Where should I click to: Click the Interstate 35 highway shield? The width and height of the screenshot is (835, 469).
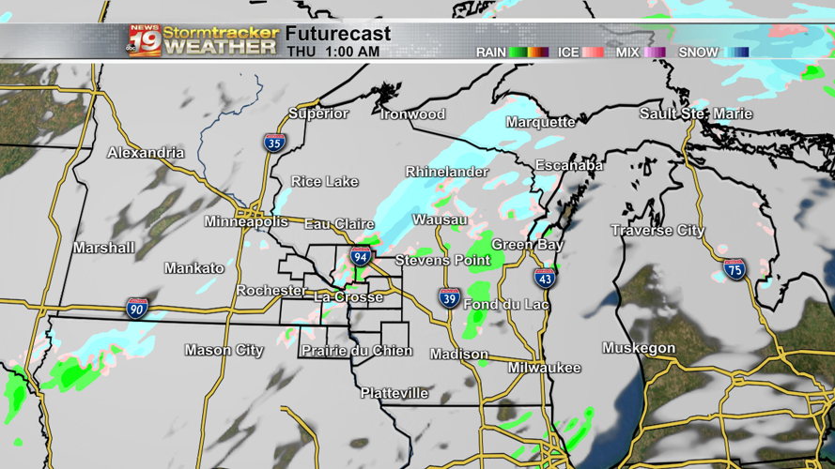tap(274, 143)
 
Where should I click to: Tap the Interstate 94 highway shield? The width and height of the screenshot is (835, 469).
tap(361, 256)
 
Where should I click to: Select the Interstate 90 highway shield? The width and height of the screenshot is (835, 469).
tap(137, 309)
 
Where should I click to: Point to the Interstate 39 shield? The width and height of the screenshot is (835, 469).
tap(450, 299)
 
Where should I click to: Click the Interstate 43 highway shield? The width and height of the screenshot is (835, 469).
tap(545, 278)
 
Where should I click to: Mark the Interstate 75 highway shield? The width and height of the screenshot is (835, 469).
tap(734, 270)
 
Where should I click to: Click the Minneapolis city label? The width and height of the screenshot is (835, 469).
tap(246, 222)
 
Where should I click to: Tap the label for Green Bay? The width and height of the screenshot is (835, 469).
tap(527, 245)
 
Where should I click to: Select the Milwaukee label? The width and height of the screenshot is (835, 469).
tap(545, 369)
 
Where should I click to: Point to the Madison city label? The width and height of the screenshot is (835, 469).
tap(459, 355)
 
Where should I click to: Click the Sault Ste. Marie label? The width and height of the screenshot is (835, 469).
tap(696, 113)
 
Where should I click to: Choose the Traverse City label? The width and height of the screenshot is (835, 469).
tap(657, 231)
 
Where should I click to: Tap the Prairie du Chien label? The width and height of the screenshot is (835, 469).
tap(356, 351)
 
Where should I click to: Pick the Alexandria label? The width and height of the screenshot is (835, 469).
tap(146, 153)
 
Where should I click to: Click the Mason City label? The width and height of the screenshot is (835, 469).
tap(224, 351)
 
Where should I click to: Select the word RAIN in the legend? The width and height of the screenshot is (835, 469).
tap(490, 53)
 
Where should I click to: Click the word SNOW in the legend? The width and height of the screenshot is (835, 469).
tap(698, 53)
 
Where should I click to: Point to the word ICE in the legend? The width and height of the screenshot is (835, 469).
tap(568, 53)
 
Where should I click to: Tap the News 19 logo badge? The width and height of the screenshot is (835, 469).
tap(145, 39)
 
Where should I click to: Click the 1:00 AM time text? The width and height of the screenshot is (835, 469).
tap(353, 52)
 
